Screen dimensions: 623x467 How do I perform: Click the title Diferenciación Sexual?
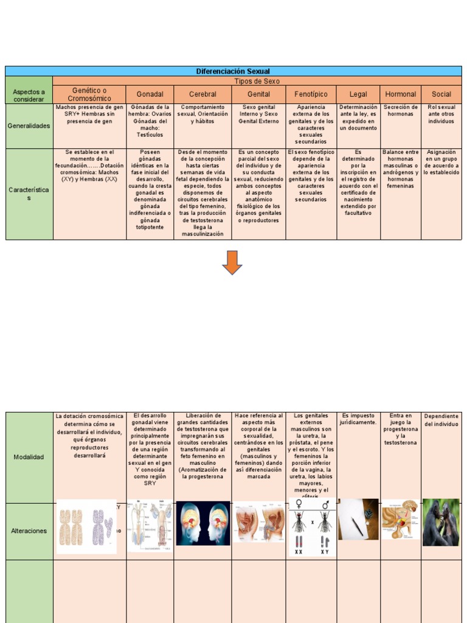[x=233, y=71]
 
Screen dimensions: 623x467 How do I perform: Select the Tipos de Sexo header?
[x=257, y=81]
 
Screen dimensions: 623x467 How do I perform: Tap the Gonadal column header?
[x=150, y=94]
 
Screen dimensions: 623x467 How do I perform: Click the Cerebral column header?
[x=202, y=94]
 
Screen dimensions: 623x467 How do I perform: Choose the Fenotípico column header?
[x=311, y=94]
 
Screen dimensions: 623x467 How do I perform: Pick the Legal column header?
[x=358, y=94]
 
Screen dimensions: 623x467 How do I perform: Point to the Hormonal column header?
[x=400, y=94]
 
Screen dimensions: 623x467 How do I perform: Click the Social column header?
[x=441, y=94]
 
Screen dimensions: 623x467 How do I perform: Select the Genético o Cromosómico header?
[x=89, y=94]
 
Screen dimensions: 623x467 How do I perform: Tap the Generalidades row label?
[x=29, y=126]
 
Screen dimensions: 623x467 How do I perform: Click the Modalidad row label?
[x=29, y=457]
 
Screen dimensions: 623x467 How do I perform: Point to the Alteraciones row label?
[x=29, y=531]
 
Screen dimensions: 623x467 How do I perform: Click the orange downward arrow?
[x=232, y=262]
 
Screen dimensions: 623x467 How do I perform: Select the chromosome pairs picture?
[x=86, y=527]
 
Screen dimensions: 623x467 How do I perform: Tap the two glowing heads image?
[x=202, y=523]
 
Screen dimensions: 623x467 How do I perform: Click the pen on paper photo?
[x=358, y=519]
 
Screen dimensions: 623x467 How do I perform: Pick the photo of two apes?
[x=441, y=522]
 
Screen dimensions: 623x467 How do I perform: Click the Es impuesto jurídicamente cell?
[x=358, y=419]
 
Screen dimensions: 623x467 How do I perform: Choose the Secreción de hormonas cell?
[x=400, y=111]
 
